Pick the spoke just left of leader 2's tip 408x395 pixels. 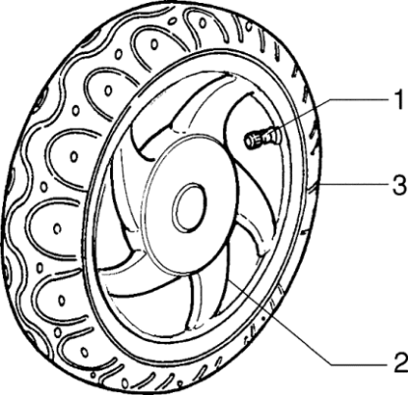click(x=211, y=285)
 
